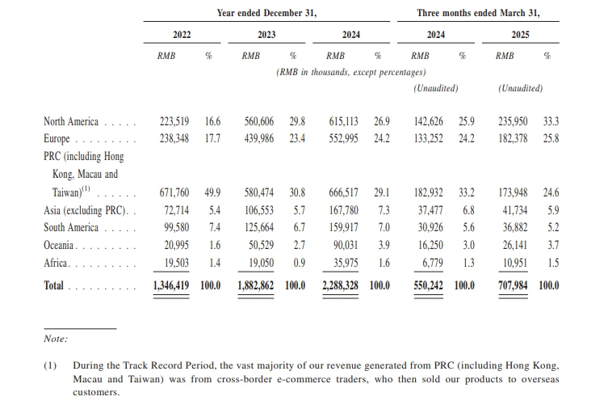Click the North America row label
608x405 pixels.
(71, 121)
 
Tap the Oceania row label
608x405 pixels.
(60, 245)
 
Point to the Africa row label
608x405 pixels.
(57, 263)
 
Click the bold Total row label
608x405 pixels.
(56, 285)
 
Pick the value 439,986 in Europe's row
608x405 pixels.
(261, 139)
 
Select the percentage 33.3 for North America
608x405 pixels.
(551, 121)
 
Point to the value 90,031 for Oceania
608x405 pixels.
(347, 245)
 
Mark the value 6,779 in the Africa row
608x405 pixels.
(437, 263)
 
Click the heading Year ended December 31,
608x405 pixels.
(266, 13)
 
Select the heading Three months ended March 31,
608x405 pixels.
(478, 13)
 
